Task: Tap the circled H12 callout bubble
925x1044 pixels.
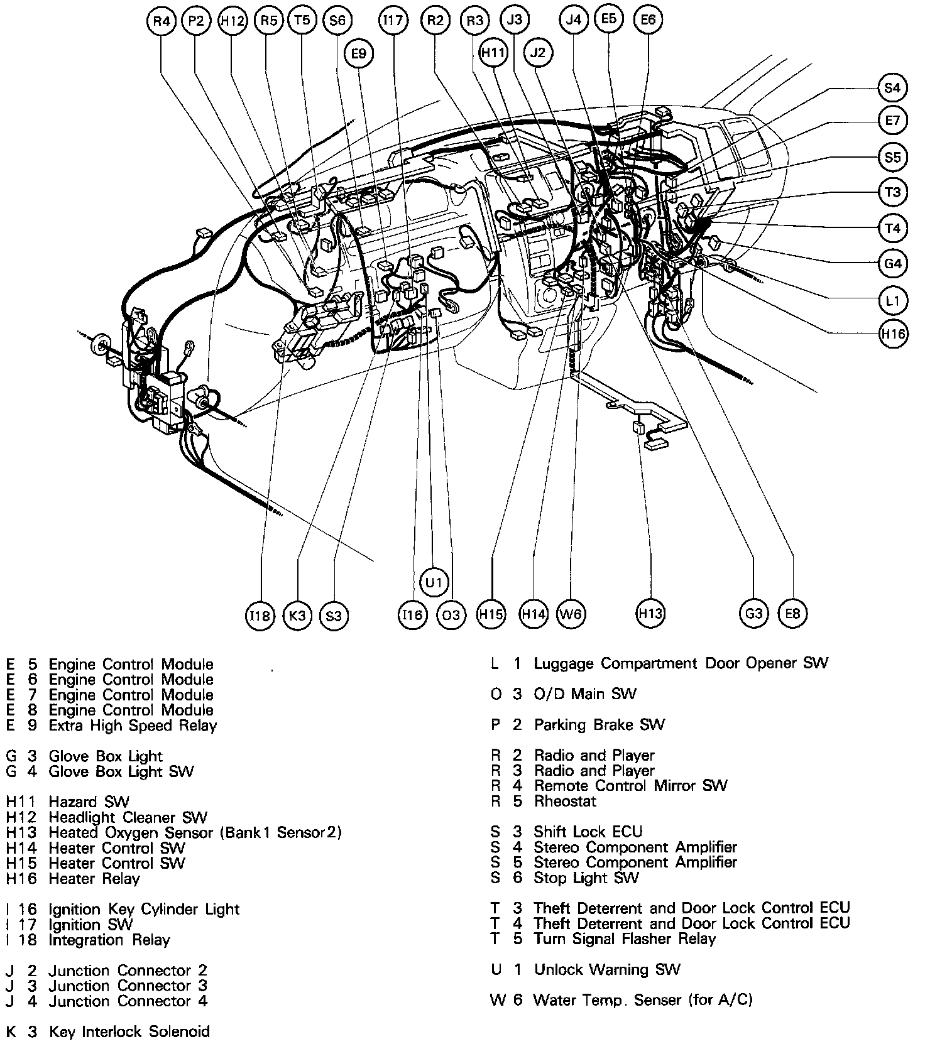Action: click(x=232, y=21)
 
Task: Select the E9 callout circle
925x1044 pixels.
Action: click(x=358, y=54)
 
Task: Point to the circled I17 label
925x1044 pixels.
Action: click(x=393, y=21)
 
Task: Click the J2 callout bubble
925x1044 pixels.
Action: click(x=537, y=53)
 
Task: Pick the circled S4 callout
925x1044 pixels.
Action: click(x=892, y=88)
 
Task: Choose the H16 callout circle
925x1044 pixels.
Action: click(x=892, y=334)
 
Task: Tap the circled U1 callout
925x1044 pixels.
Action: click(x=434, y=582)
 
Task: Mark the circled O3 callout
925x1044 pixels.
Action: click(x=451, y=614)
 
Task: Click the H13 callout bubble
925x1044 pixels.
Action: click(x=650, y=612)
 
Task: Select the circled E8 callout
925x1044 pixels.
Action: click(x=793, y=612)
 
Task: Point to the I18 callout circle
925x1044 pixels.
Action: click(x=260, y=616)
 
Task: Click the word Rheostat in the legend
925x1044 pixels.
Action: click(x=565, y=802)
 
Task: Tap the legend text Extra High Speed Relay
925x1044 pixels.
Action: click(x=133, y=726)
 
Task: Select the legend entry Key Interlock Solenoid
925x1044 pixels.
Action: click(x=129, y=1031)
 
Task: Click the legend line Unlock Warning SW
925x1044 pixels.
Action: click(x=607, y=970)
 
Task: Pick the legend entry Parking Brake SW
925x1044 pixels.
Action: click(x=599, y=725)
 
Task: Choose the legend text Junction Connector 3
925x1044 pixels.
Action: click(x=128, y=986)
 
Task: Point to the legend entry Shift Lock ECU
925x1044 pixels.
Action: click(x=588, y=832)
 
